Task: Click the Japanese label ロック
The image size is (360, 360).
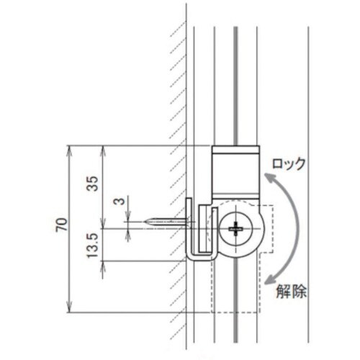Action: (x=287, y=163)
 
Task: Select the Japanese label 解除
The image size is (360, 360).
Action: (x=291, y=292)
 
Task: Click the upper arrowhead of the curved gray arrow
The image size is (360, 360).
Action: (x=269, y=181)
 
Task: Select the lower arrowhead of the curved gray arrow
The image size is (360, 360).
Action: (x=269, y=282)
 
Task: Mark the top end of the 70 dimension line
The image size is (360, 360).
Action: (x=69, y=147)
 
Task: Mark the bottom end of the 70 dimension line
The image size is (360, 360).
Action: (x=69, y=312)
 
